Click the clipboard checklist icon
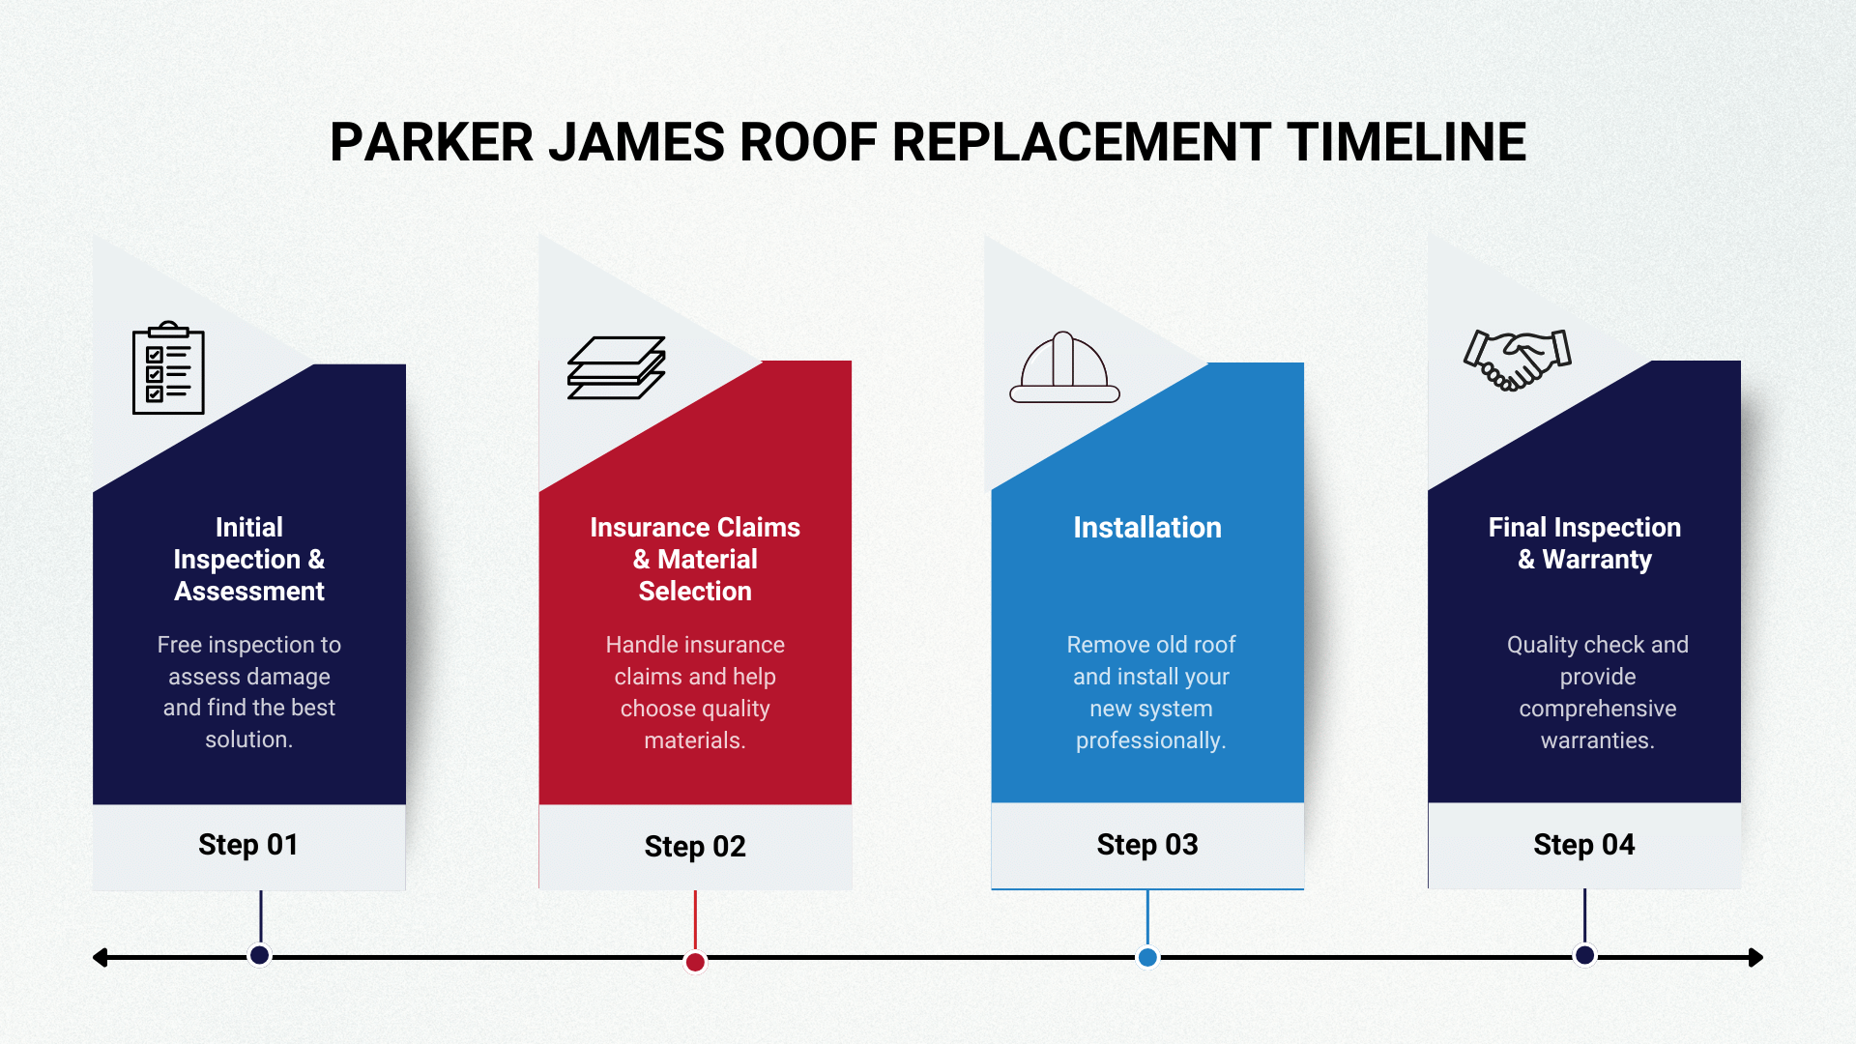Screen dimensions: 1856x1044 tap(168, 367)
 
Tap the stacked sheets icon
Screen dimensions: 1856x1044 tap(616, 367)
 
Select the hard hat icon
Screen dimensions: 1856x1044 tap(1064, 367)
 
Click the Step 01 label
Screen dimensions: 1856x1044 tap(248, 845)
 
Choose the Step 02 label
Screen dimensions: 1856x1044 tap(695, 847)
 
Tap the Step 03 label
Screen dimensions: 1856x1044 tap(1147, 845)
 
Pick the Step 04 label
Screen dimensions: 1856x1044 tap(1584, 845)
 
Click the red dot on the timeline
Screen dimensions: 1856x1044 tap(695, 962)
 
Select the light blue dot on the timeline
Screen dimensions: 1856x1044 tap(1147, 957)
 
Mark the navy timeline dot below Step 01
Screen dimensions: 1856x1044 tap(259, 955)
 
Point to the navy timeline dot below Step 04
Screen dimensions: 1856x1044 tap(1584, 955)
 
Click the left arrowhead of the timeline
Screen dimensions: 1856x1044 tap(100, 958)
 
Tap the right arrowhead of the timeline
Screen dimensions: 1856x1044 tap(1756, 958)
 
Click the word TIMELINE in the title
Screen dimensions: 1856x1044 tap(1406, 142)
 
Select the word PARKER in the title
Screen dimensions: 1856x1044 tap(431, 142)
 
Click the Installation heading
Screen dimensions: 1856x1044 tap(1147, 527)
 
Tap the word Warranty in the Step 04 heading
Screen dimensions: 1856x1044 tap(1597, 560)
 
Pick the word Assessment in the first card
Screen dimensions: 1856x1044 tap(249, 592)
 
